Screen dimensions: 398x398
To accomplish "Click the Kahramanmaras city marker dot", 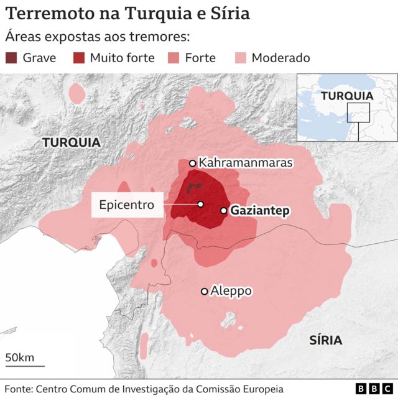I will [x=193, y=164].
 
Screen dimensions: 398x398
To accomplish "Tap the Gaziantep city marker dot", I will [x=224, y=211].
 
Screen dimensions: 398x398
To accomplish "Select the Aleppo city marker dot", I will [x=204, y=291].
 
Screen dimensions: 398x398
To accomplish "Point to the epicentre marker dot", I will [x=201, y=204].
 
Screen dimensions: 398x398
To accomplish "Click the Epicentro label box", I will [x=127, y=205].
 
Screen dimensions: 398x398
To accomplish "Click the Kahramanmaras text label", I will [x=245, y=163].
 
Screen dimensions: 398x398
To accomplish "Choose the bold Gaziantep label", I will [x=260, y=211].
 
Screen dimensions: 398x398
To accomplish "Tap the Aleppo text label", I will [x=231, y=290].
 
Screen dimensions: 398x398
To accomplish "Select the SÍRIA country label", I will [x=326, y=340].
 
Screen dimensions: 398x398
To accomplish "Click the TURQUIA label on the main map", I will [x=71, y=142].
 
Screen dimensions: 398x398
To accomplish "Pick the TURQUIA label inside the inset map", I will [x=347, y=96].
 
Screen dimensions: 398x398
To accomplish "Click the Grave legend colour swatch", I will [x=11, y=58].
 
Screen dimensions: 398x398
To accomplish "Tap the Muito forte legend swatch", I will [x=78, y=58].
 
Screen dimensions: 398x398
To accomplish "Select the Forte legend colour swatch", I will [x=173, y=58].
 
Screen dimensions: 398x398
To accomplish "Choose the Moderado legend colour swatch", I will [x=240, y=58].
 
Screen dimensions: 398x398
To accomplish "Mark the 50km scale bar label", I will [x=20, y=358].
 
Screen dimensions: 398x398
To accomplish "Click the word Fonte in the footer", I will [x=17, y=389].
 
